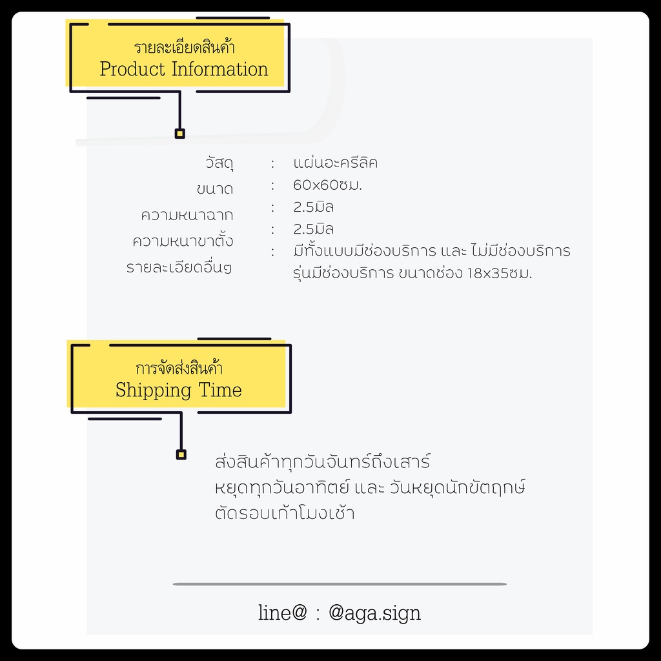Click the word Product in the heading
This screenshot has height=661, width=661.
click(132, 69)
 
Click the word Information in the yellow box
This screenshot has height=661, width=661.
click(219, 69)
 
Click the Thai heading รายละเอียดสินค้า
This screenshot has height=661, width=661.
click(184, 46)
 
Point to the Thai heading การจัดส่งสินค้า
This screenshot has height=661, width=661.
click(179, 368)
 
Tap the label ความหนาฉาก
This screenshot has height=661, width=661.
click(187, 215)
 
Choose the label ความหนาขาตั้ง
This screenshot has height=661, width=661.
click(183, 240)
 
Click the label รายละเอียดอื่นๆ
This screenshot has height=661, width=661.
click(179, 267)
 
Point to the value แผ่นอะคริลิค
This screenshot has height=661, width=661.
click(335, 162)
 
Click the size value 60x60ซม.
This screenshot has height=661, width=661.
click(327, 185)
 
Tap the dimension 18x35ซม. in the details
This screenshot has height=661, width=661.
click(500, 273)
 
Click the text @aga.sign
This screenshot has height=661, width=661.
click(374, 613)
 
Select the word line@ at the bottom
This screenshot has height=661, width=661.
click(283, 612)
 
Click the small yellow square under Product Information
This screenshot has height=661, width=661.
click(180, 134)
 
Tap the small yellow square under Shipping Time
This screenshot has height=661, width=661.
click(181, 454)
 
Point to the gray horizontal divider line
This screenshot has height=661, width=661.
click(340, 584)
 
